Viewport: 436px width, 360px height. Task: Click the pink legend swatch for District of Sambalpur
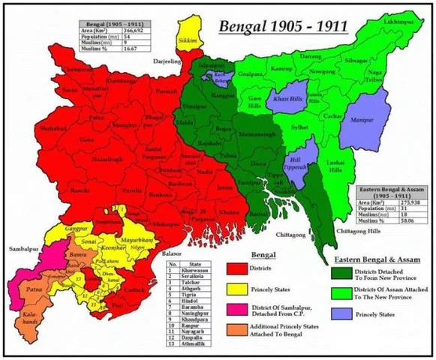point(239,312)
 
